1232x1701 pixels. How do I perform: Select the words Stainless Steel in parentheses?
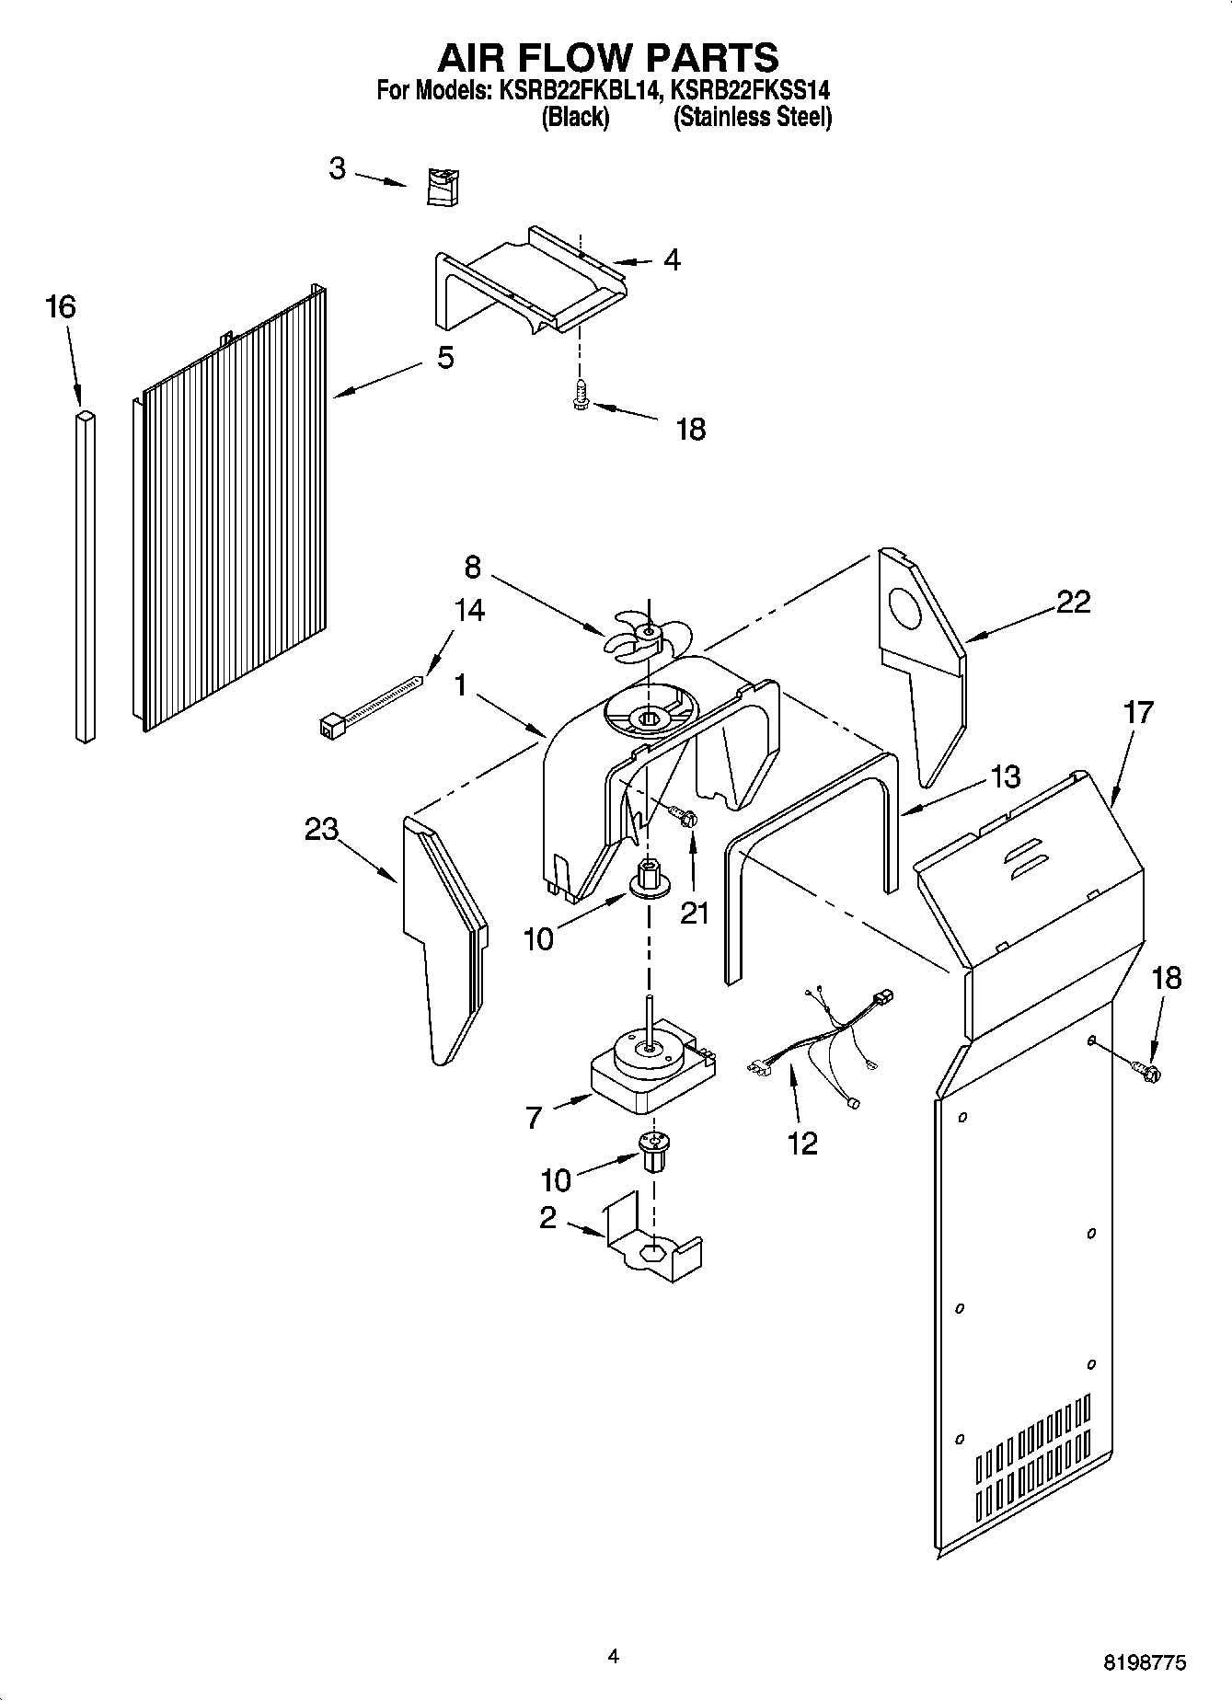tap(753, 118)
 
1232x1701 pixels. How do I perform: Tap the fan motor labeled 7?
tap(651, 1072)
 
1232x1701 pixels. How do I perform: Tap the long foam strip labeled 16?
tap(84, 575)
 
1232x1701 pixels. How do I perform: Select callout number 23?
tap(322, 829)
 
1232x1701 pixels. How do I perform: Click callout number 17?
tap(1138, 711)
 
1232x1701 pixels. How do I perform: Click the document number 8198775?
tap(1145, 1662)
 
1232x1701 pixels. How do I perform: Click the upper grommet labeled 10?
tap(649, 878)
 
